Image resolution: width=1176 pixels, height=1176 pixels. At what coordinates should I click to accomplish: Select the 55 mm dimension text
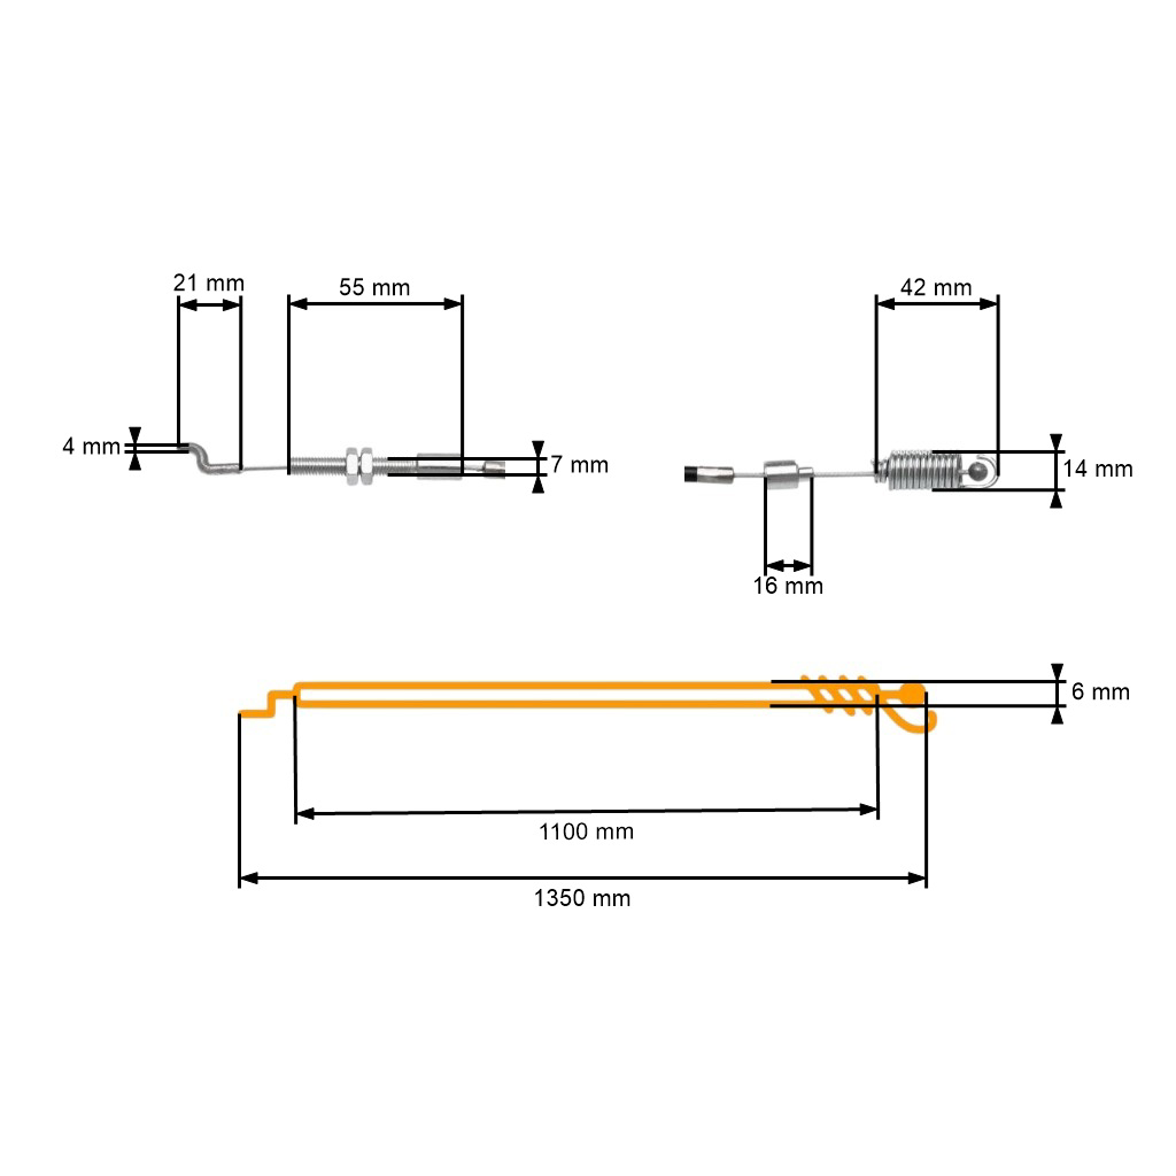374,287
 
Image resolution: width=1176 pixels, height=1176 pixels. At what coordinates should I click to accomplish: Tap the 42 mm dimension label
936,287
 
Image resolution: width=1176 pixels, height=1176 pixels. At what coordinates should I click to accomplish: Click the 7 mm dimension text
579,465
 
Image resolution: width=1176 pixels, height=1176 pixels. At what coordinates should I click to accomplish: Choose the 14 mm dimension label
1098,469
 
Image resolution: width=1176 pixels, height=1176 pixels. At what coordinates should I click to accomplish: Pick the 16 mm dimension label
788,586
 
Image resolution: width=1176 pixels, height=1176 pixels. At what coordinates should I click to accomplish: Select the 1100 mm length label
586,831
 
